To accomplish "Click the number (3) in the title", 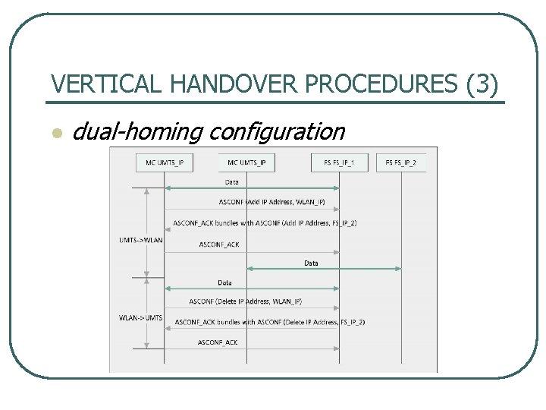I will (484, 85).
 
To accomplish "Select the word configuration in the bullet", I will (275, 132).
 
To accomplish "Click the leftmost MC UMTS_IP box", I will (165, 162).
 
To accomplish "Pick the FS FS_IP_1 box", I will (339, 162).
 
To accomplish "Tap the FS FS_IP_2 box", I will (400, 162).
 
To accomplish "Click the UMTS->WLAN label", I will (141, 240).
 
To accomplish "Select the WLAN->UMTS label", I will (141, 317).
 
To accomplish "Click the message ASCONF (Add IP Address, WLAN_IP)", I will (271, 202).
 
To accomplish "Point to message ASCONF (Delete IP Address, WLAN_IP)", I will (246, 301).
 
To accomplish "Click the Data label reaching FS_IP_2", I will (312, 263).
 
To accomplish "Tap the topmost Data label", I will (232, 182).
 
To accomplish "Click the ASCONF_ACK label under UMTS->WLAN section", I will (219, 244).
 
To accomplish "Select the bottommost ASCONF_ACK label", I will (218, 342).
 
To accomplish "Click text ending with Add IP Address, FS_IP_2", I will (265, 223).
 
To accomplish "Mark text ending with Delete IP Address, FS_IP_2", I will (270, 322).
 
